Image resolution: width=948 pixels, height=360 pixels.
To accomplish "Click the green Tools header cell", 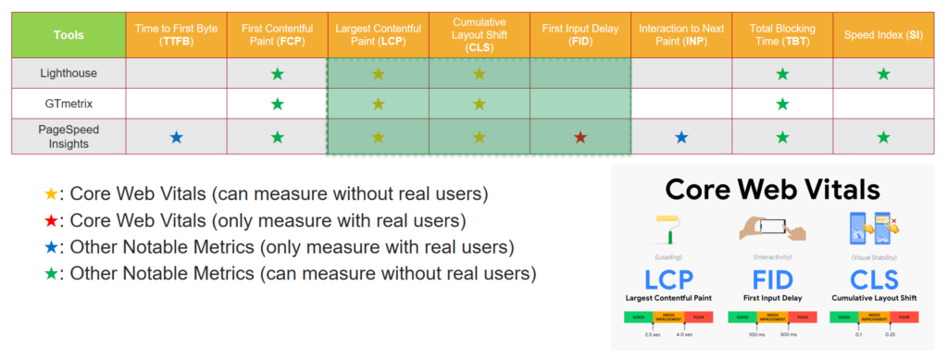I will pos(69,35).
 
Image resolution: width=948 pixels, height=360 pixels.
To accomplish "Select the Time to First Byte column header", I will pos(176,35).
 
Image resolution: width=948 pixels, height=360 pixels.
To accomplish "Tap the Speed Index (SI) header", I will pos(883,35).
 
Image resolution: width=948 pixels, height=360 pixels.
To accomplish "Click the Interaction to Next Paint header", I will pos(681,35).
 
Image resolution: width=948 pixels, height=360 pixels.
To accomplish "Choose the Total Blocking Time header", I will pos(782,35).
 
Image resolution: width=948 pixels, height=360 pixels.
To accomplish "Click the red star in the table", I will pos(580,137).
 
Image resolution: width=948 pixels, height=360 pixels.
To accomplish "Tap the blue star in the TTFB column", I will pos(176,137).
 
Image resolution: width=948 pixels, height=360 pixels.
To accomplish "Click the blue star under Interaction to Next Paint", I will pos(681,137).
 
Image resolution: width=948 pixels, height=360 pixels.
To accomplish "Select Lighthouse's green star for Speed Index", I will pos(883,73).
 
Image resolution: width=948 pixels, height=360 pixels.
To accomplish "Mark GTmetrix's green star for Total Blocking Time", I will pos(782,104).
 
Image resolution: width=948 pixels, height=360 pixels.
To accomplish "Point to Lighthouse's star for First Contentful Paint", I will pos(277,73).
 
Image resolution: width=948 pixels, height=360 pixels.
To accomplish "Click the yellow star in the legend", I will pos(51,196).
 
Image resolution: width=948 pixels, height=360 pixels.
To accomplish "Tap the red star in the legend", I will pos(51,222).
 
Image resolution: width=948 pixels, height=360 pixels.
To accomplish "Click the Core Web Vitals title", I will pos(774,191).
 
